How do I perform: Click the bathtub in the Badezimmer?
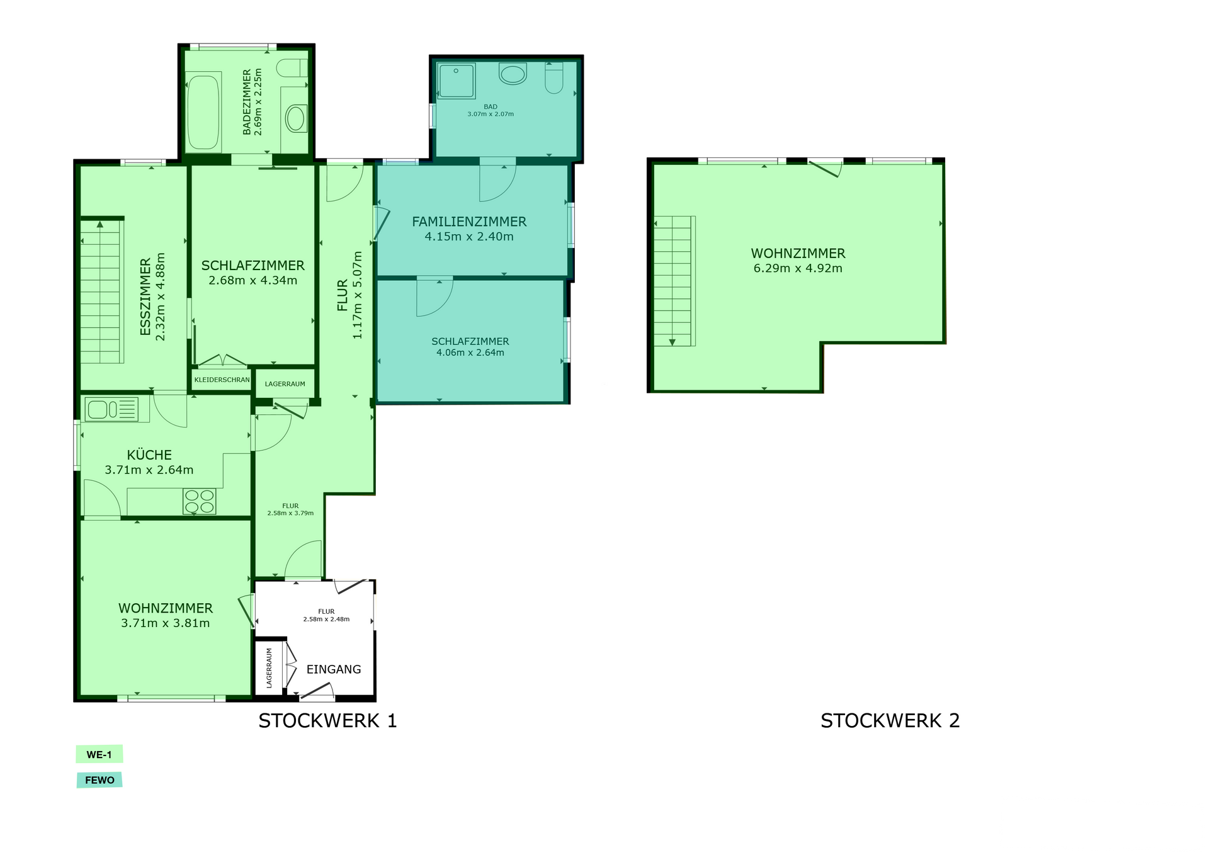click(203, 113)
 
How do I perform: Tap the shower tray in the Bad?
click(456, 81)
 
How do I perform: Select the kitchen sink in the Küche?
click(111, 410)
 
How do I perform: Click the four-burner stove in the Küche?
click(200, 502)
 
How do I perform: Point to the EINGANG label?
click(334, 669)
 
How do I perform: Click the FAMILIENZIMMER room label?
click(469, 222)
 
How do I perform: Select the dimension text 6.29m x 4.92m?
click(798, 268)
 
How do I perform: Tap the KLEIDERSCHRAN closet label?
click(222, 380)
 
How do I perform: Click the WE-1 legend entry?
click(99, 754)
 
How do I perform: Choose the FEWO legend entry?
click(99, 780)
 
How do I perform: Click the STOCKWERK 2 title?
click(890, 720)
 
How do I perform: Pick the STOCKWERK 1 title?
click(327, 720)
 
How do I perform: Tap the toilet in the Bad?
click(553, 78)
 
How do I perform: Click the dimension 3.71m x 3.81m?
click(166, 623)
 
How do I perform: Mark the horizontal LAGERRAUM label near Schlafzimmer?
click(285, 384)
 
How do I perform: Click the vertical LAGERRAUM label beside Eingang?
click(269, 668)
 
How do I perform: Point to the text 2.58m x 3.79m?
click(290, 513)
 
